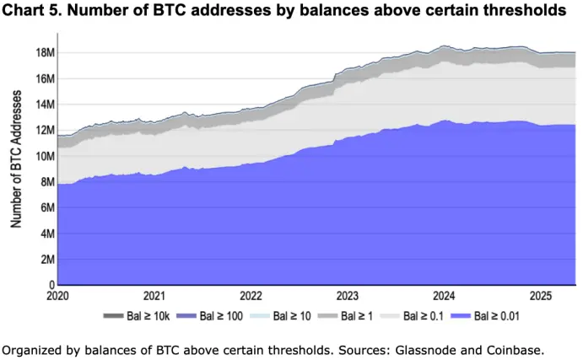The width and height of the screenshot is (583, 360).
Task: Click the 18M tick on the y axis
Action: (45, 53)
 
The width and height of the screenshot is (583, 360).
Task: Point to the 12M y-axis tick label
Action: (45, 131)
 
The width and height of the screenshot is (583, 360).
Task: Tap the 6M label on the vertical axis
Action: (47, 208)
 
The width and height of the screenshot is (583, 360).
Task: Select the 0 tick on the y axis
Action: (51, 286)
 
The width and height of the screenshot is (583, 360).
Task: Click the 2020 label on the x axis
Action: (58, 296)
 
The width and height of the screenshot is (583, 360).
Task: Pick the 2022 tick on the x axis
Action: (251, 296)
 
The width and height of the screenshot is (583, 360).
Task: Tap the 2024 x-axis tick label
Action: (444, 296)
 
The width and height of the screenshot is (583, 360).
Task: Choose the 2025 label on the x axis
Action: (540, 296)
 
